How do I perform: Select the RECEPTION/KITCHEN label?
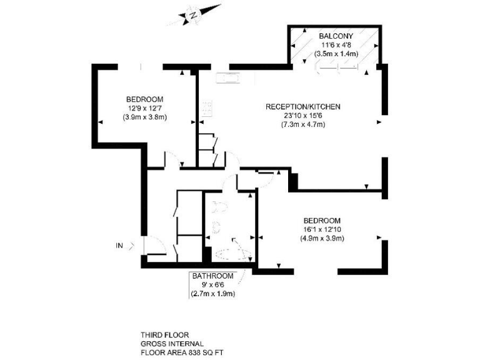[303, 107]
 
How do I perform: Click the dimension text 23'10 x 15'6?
[303, 116]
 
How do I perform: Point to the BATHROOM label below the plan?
[212, 276]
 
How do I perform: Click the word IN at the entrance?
[119, 246]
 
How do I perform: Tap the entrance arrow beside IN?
[130, 246]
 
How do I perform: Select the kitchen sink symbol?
[229, 78]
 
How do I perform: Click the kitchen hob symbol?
[207, 108]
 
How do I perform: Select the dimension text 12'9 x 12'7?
[144, 108]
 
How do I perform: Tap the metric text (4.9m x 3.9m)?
[322, 238]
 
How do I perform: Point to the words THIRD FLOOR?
[165, 334]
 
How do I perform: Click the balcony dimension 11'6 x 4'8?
[337, 45]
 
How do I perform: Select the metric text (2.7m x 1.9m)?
[212, 294]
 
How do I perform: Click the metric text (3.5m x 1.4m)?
[337, 54]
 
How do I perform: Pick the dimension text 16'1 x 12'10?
[322, 229]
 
